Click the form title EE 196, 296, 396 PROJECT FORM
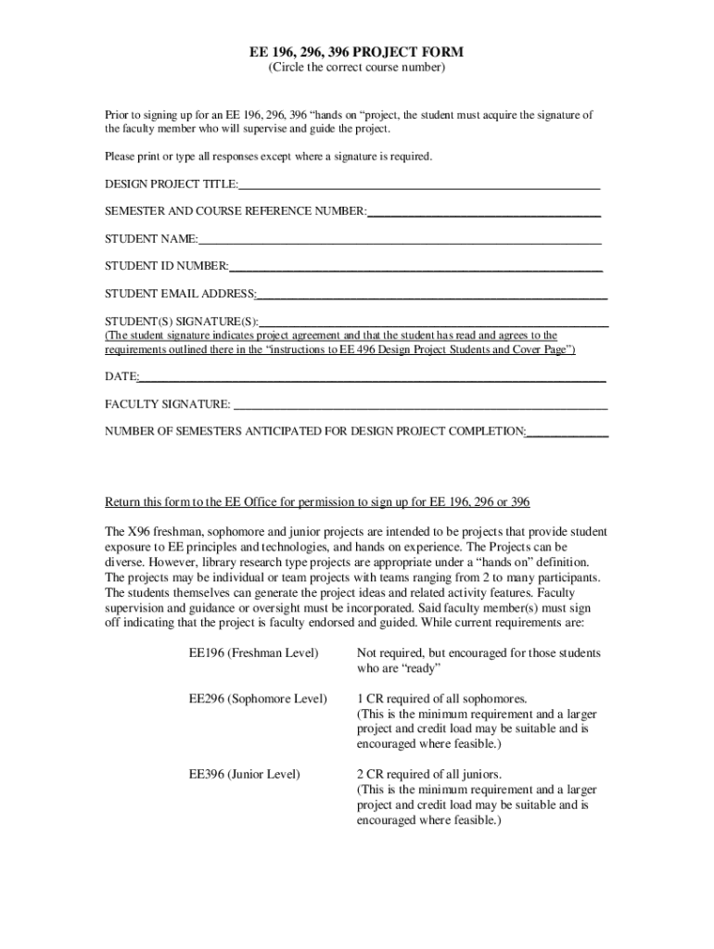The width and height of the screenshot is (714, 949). [357, 52]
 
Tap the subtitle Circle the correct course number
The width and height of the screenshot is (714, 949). [357, 68]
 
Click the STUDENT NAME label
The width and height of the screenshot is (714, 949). [150, 239]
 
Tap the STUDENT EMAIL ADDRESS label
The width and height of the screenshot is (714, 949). [180, 294]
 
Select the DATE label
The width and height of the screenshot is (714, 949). [121, 377]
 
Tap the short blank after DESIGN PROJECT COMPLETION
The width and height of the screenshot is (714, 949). [567, 432]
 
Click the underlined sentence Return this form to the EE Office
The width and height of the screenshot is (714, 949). [317, 502]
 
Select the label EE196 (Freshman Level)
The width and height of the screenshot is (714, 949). [253, 653]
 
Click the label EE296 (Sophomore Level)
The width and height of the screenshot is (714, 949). [258, 698]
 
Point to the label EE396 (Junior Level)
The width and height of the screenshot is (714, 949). [244, 774]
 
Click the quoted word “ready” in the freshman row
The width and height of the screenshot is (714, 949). [419, 668]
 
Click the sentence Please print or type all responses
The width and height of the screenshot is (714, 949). [268, 157]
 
